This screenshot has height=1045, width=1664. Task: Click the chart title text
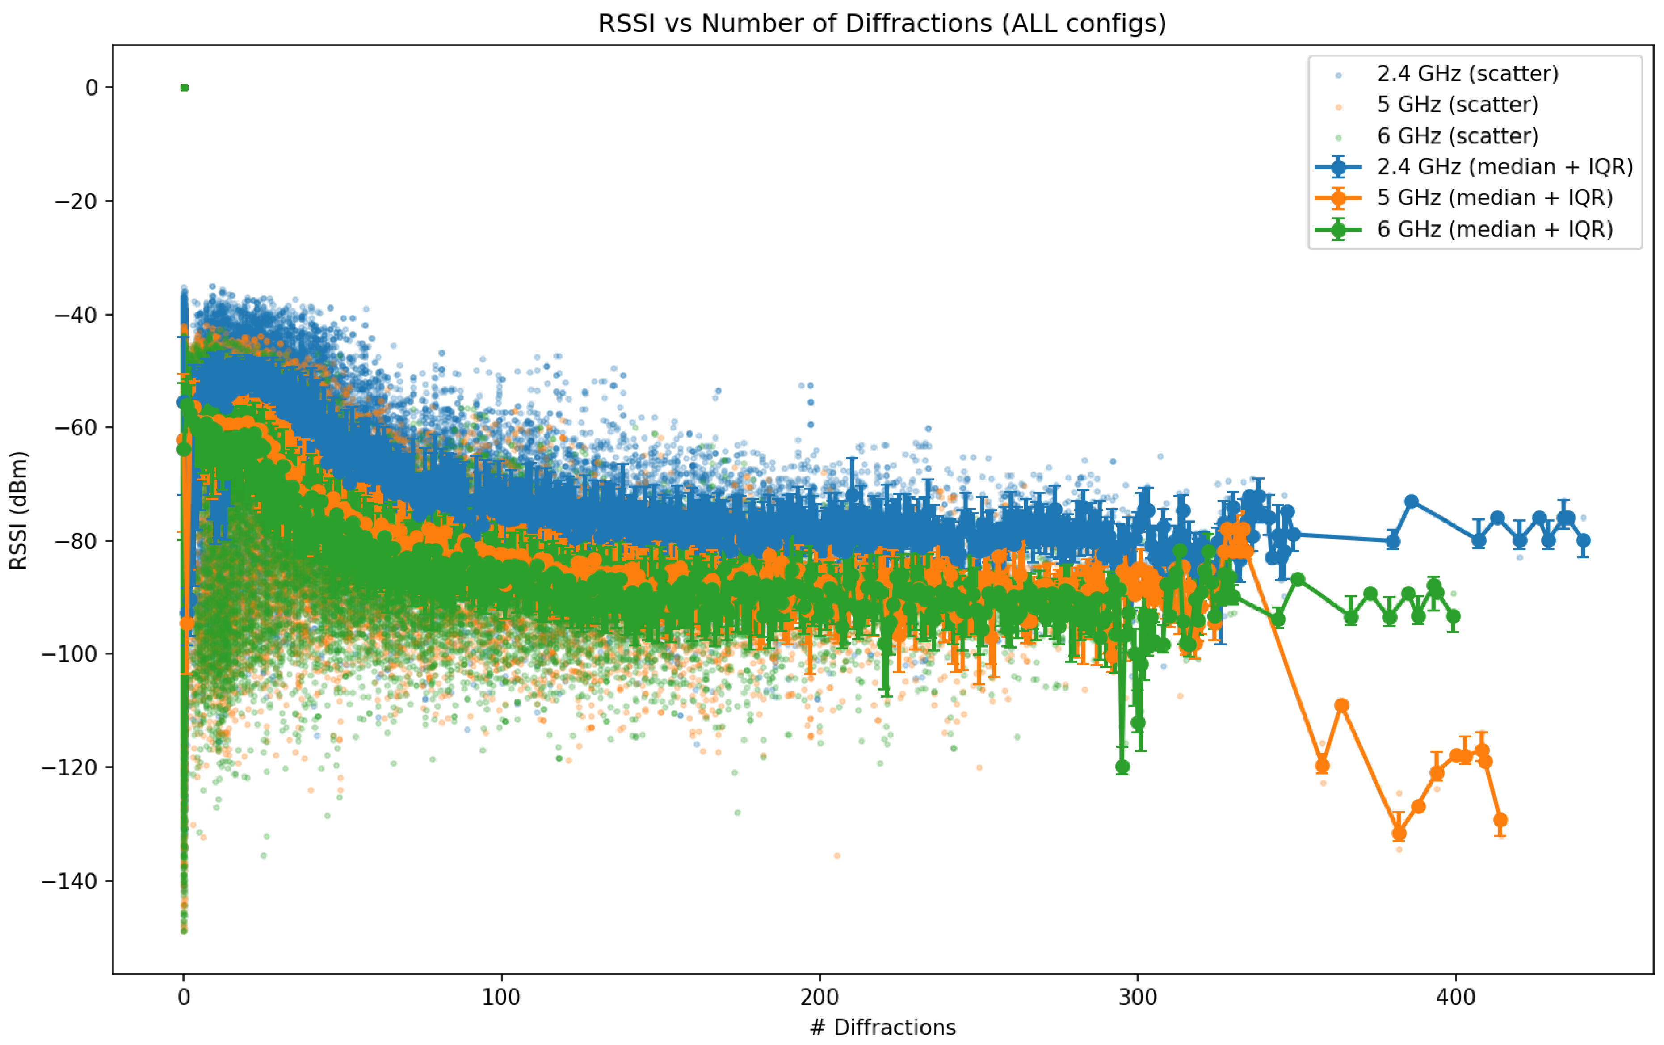pos(882,24)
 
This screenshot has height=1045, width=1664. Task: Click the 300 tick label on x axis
pos(1137,997)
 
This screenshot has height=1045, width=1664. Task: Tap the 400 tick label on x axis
pos(1455,997)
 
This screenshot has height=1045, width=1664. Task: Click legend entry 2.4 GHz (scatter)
pos(1467,74)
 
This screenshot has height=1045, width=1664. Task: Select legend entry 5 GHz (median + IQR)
pos(1495,198)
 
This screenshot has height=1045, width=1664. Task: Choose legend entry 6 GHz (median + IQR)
pos(1495,229)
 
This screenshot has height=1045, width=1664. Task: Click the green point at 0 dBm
pos(184,88)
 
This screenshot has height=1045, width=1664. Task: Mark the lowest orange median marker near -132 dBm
pos(1399,834)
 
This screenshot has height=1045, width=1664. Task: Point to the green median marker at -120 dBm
pos(1122,767)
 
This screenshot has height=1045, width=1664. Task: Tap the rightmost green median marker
pos(1454,616)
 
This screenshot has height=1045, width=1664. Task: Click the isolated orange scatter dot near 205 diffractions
pos(836,855)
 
